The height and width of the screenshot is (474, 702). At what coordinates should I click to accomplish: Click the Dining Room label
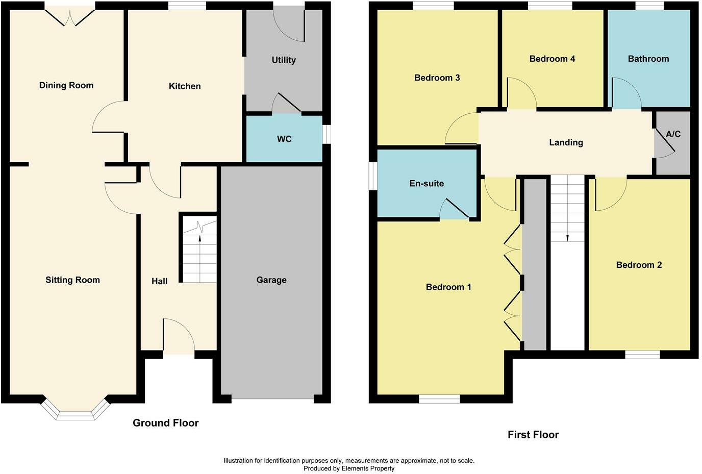pos(66,86)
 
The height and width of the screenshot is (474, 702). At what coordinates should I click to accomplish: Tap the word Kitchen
pos(185,86)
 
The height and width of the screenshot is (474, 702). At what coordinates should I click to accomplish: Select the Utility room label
pos(284,60)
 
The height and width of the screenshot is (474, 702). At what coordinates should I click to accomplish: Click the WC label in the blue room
pos(284,139)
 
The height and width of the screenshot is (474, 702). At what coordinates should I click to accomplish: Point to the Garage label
pos(271,280)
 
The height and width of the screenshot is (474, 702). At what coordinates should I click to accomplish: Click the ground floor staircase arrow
pos(199,238)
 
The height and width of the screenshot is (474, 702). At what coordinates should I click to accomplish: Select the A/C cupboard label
pos(673,134)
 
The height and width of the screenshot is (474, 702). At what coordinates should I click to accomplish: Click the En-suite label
pos(427,184)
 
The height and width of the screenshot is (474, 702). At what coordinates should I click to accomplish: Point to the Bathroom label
pos(648,59)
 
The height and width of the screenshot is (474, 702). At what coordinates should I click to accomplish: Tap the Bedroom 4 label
pos(552,59)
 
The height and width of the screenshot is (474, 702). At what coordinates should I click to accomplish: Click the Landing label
pos(566,143)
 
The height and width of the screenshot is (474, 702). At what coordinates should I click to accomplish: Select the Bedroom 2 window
pos(642,355)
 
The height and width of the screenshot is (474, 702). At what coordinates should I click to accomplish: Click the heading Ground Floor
pos(165,423)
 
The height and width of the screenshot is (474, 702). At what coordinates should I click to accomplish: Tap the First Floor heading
pos(533,435)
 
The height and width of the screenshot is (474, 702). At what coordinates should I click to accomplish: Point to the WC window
pos(327,135)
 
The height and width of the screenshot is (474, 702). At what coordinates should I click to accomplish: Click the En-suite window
pos(373,177)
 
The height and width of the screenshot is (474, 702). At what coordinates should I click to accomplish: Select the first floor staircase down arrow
pos(567,236)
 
